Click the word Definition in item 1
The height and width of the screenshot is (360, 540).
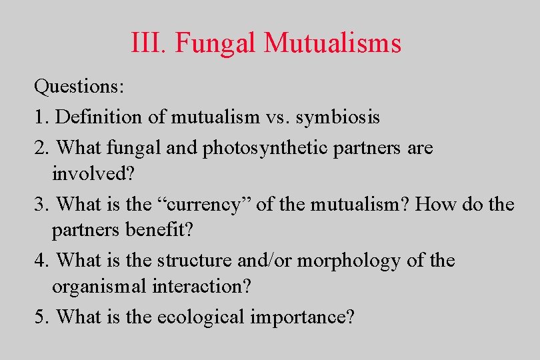pyautogui.click(x=99, y=117)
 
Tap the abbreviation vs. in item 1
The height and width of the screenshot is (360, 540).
pyautogui.click(x=277, y=117)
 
